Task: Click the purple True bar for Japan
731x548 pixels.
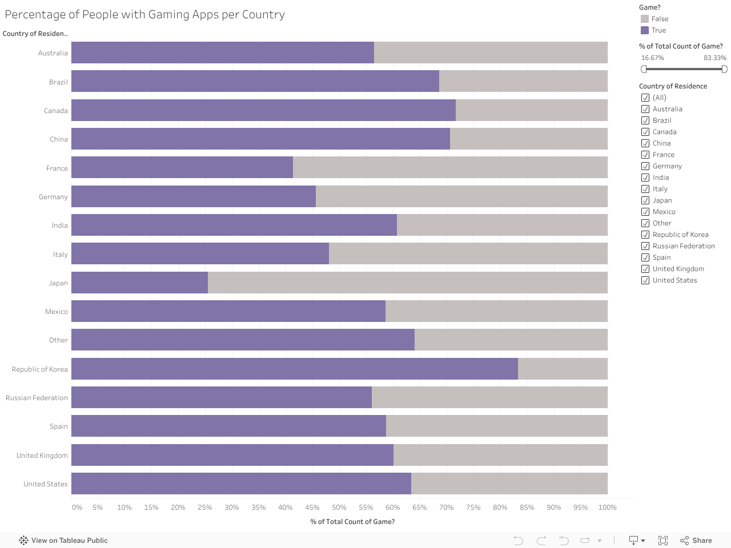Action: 139,283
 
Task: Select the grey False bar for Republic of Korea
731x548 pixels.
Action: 563,369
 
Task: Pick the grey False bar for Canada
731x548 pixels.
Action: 531,110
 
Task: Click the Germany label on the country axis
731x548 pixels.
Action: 53,197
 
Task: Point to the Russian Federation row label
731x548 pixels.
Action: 37,398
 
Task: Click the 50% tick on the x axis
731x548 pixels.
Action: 339,507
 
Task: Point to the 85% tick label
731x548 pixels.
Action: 527,507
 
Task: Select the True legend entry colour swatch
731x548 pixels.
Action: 645,30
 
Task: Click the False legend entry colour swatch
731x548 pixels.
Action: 645,19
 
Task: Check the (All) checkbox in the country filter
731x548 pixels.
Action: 645,98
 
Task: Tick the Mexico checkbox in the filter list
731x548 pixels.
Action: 645,212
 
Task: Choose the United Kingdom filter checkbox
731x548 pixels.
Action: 645,269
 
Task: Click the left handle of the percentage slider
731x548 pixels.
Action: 644,69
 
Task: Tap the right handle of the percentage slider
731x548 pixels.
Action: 724,69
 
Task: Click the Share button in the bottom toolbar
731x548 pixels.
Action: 696,541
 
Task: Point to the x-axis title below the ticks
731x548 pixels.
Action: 352,522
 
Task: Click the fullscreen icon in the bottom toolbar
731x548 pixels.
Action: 663,541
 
